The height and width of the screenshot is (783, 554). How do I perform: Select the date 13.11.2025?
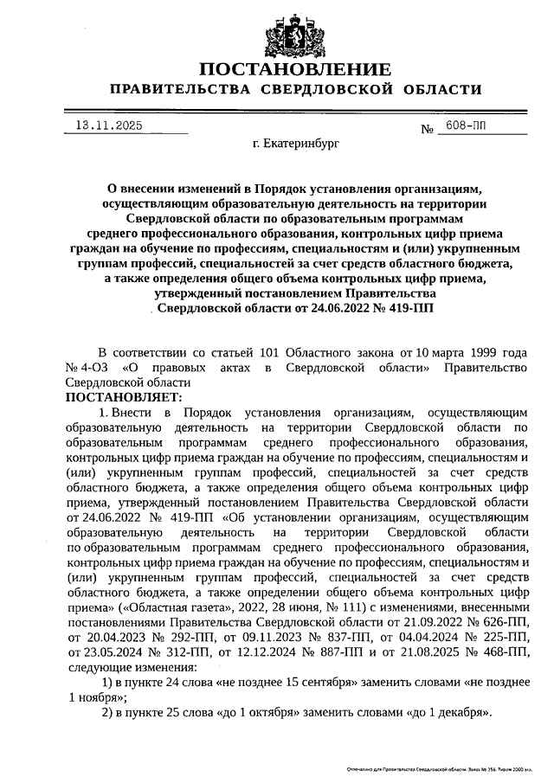click(x=107, y=125)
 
